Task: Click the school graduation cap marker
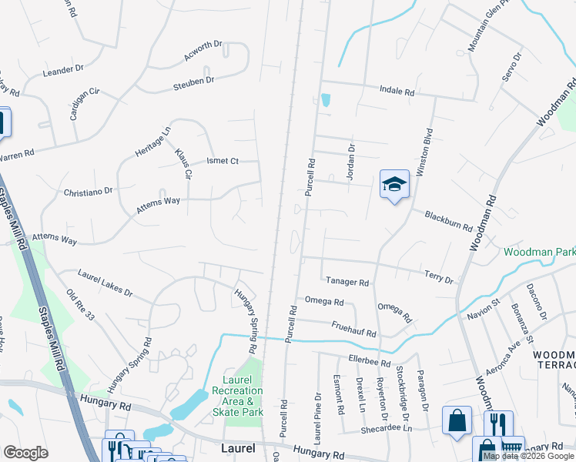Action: pyautogui.click(x=393, y=186)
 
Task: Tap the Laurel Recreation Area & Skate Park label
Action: pyautogui.click(x=237, y=396)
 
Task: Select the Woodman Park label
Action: pyautogui.click(x=539, y=252)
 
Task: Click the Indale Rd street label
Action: pyautogui.click(x=397, y=91)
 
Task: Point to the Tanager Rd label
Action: pyautogui.click(x=347, y=283)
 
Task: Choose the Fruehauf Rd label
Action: pyautogui.click(x=353, y=329)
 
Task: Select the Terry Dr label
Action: pyautogui.click(x=438, y=275)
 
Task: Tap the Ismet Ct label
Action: pyautogui.click(x=223, y=161)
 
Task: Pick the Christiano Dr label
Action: pyautogui.click(x=89, y=190)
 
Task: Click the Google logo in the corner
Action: pyautogui.click(x=26, y=453)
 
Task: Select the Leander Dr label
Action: pyautogui.click(x=64, y=70)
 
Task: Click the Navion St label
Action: pyautogui.click(x=484, y=310)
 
